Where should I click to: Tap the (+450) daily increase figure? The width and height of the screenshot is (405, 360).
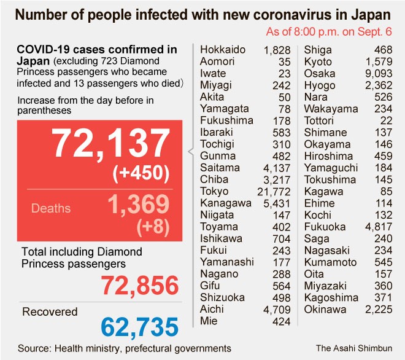141,174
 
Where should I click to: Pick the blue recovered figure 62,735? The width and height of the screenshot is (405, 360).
132,326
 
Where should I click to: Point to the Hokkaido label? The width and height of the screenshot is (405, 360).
223,50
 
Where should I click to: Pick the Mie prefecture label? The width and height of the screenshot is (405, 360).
208,320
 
